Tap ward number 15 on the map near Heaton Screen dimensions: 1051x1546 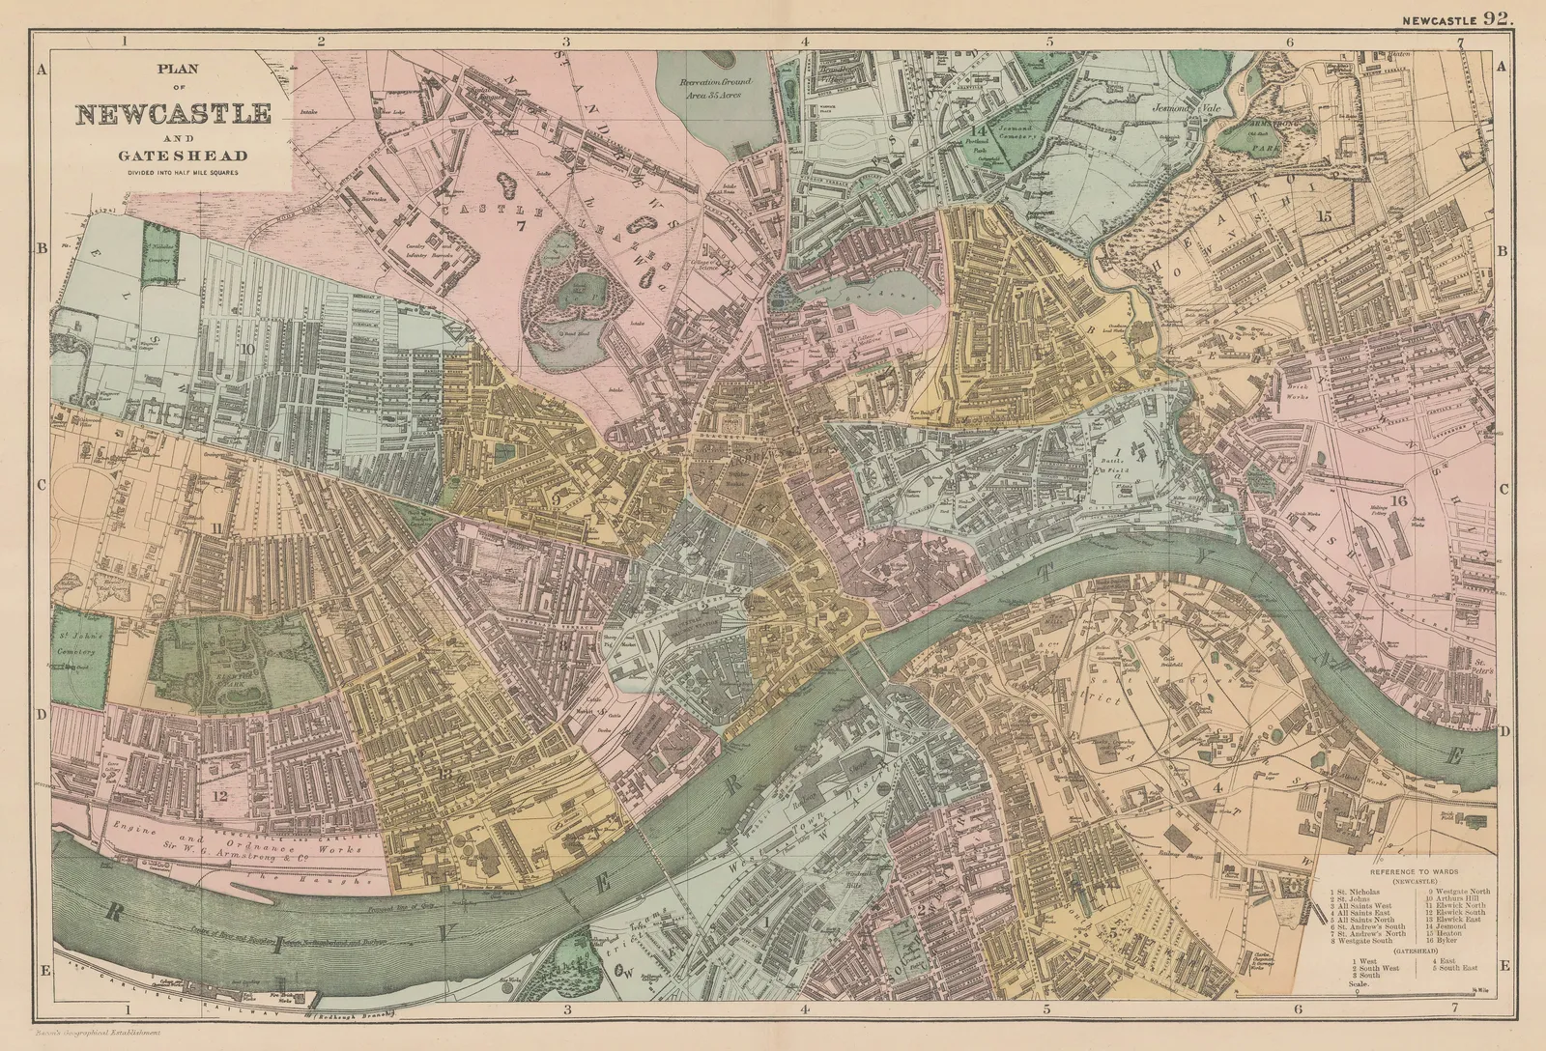tap(1323, 215)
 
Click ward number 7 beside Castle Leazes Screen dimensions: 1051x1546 tap(519, 226)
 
